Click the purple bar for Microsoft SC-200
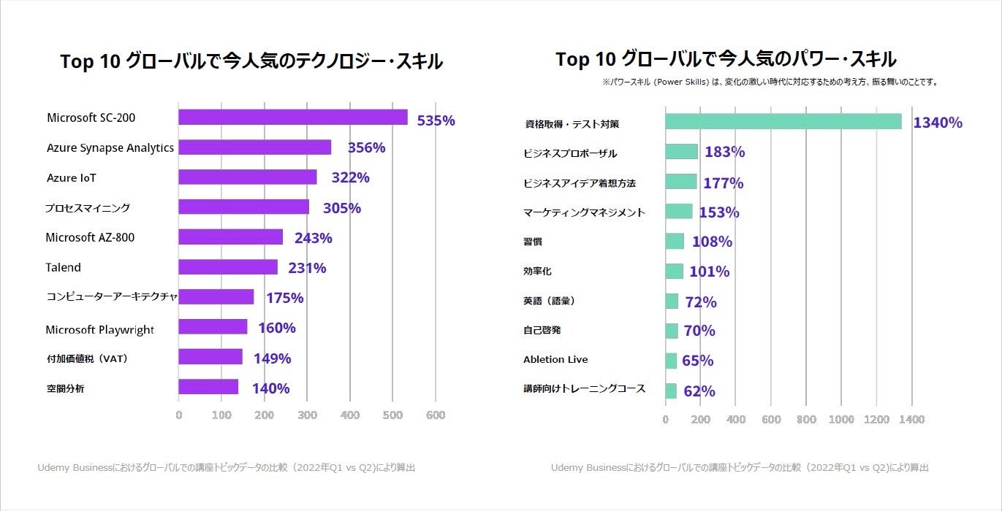pos(292,118)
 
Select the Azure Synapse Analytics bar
pos(254,147)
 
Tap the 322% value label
pos(351,177)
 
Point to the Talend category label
pos(63,267)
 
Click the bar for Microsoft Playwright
pos(213,327)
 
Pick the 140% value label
pos(270,388)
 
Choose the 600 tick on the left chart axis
pos(436,415)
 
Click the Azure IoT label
pos(72,178)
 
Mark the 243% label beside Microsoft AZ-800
pos(313,238)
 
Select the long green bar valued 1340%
pos(783,121)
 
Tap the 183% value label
pos(724,152)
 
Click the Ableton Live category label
pos(555,359)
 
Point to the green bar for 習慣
pos(675,242)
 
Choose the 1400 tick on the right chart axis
pos(911,420)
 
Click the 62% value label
pos(699,391)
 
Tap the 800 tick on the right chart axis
pos(806,420)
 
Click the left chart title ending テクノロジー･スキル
pos(251,61)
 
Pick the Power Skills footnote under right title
pos(770,82)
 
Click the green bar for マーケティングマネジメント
pos(678,212)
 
